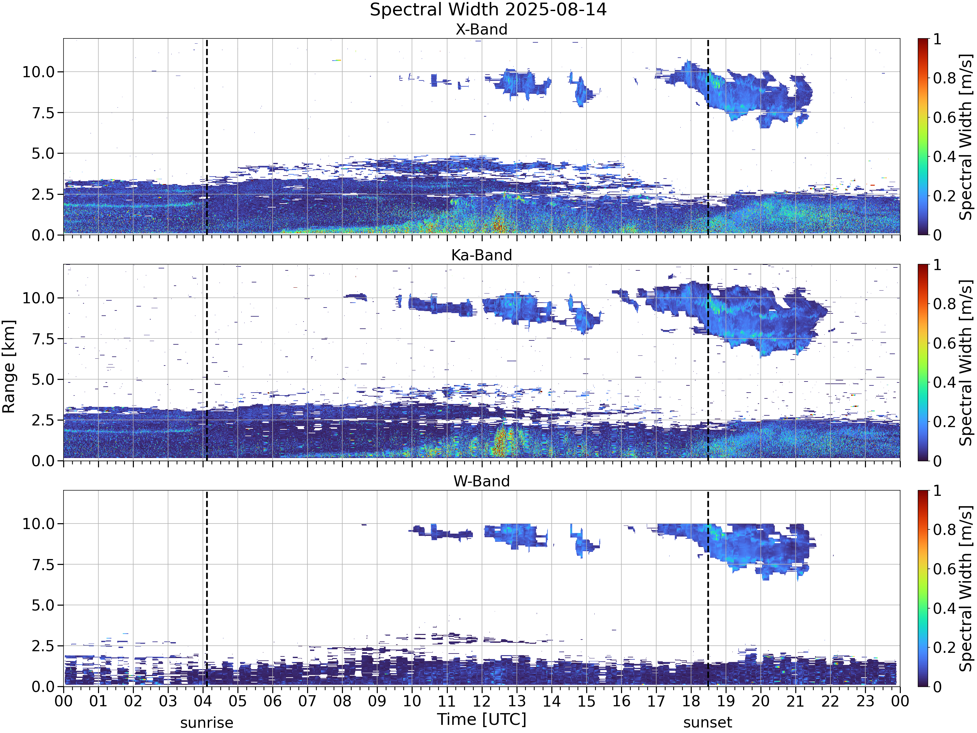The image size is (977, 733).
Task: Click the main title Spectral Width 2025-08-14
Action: coord(488,10)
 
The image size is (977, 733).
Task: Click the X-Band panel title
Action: coord(481,30)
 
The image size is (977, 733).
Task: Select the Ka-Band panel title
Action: coord(481,255)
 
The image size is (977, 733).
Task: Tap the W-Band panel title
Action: coord(481,481)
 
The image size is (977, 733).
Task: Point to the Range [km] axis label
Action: coord(9,367)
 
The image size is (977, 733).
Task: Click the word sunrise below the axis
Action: coord(207,723)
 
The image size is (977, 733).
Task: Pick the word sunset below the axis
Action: coord(708,723)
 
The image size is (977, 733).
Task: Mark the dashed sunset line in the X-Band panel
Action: coord(708,137)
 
